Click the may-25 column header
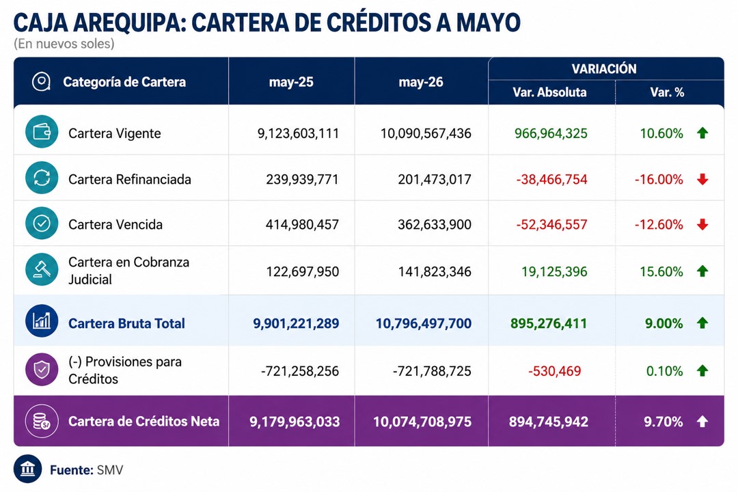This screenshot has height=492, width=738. (x=291, y=82)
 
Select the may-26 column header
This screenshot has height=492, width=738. (x=421, y=82)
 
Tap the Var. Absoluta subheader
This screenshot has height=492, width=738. (x=549, y=92)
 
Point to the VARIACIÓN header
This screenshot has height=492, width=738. (x=604, y=69)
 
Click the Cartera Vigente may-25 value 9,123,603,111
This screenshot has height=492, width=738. (x=298, y=133)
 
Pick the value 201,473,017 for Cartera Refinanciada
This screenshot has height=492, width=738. (x=435, y=180)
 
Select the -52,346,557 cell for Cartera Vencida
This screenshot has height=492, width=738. (x=551, y=225)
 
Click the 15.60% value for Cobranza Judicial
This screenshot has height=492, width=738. (x=661, y=272)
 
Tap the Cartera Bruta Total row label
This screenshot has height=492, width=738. (x=126, y=323)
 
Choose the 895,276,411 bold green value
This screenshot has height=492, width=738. (x=549, y=323)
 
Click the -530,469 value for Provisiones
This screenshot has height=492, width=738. (x=554, y=371)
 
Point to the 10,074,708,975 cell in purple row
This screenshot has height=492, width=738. (x=422, y=422)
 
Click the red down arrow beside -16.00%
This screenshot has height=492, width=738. (x=702, y=180)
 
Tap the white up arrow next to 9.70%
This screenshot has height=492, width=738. (x=702, y=422)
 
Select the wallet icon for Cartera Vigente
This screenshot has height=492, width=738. (x=42, y=132)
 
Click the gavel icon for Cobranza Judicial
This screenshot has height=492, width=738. (x=42, y=270)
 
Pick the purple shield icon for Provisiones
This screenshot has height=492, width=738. (x=42, y=370)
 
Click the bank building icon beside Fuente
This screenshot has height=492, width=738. (x=28, y=469)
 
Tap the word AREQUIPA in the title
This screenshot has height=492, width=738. (x=130, y=23)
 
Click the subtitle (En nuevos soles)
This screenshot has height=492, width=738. (x=64, y=44)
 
